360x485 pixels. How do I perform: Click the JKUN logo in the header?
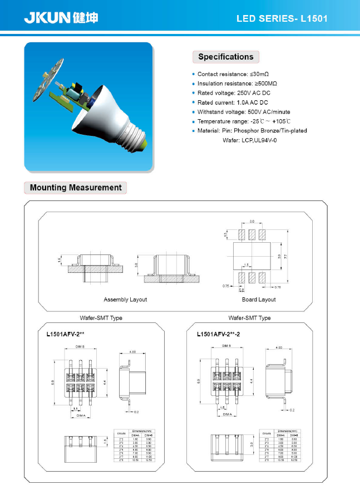click(61, 18)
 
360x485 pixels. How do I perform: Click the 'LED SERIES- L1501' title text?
click(282, 18)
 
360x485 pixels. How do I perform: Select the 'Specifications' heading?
click(225, 57)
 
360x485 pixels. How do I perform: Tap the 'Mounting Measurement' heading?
click(76, 188)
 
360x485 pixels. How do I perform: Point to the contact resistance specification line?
click(234, 74)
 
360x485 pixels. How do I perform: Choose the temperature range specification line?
click(245, 121)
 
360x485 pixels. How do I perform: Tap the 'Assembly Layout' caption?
click(125, 300)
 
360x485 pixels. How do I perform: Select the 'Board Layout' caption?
click(259, 300)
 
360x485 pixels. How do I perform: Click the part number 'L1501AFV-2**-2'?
click(219, 335)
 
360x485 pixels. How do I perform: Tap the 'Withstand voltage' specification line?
click(244, 112)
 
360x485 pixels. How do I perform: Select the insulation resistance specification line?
click(238, 84)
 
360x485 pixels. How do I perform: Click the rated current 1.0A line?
click(233, 102)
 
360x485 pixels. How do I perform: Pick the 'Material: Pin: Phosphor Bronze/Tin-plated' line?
click(252, 131)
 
